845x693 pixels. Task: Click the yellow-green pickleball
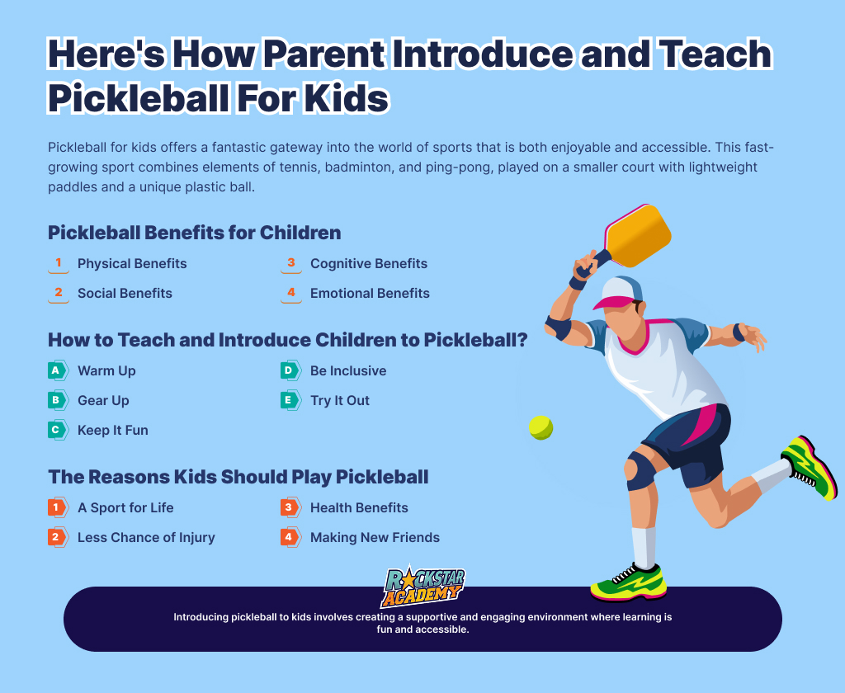541,427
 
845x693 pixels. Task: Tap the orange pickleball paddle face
638,235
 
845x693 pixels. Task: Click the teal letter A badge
58,370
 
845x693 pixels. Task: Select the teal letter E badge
290,400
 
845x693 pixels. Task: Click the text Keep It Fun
112,430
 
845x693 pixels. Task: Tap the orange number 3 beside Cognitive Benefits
291,263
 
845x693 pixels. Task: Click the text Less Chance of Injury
146,537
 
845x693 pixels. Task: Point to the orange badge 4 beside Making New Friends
290,537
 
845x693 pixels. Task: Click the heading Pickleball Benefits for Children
195,233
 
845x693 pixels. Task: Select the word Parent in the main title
323,54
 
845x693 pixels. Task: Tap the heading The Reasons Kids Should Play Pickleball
238,477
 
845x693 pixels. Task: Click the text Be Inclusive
348,370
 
